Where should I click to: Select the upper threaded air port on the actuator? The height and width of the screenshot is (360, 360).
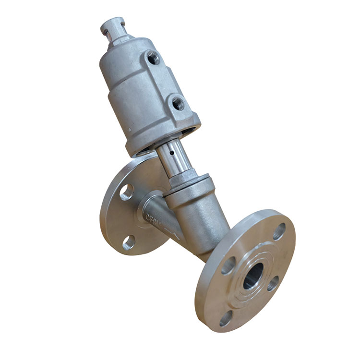pos(153,58)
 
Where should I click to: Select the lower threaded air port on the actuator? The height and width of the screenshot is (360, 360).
pos(178,102)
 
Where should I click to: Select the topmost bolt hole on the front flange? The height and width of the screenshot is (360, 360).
pos(279,231)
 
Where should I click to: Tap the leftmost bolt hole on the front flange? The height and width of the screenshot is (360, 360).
pos(228,265)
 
